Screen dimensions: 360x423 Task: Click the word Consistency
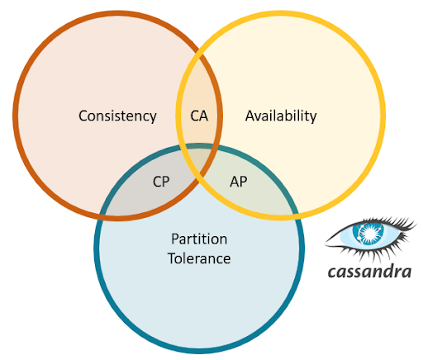[x=117, y=116]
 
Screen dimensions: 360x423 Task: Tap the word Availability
[x=281, y=116]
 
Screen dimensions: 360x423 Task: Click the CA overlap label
[x=199, y=116]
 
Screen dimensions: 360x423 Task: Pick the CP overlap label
[x=162, y=182]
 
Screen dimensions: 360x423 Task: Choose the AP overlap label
[x=239, y=182]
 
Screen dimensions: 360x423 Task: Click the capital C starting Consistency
[x=83, y=116]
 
